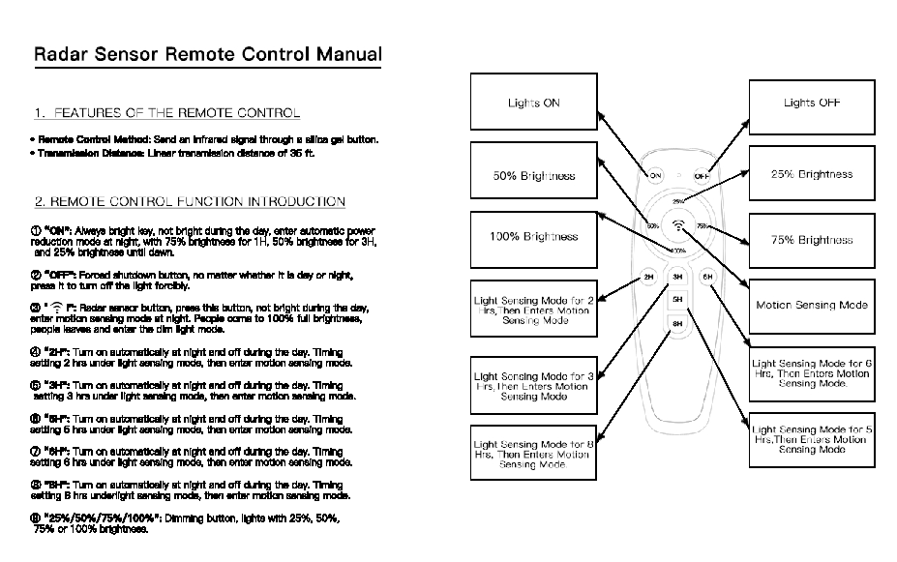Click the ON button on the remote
(x=655, y=176)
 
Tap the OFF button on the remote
(x=702, y=176)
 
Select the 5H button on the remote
(x=678, y=300)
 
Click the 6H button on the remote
(x=707, y=278)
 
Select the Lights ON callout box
(x=533, y=104)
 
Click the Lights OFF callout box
(x=811, y=104)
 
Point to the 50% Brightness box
(x=533, y=175)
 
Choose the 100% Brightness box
(x=533, y=236)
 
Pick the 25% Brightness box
(x=811, y=174)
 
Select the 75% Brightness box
(x=811, y=240)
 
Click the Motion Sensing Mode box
(x=811, y=305)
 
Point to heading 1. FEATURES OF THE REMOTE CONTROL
(x=166, y=113)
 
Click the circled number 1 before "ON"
(x=37, y=230)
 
